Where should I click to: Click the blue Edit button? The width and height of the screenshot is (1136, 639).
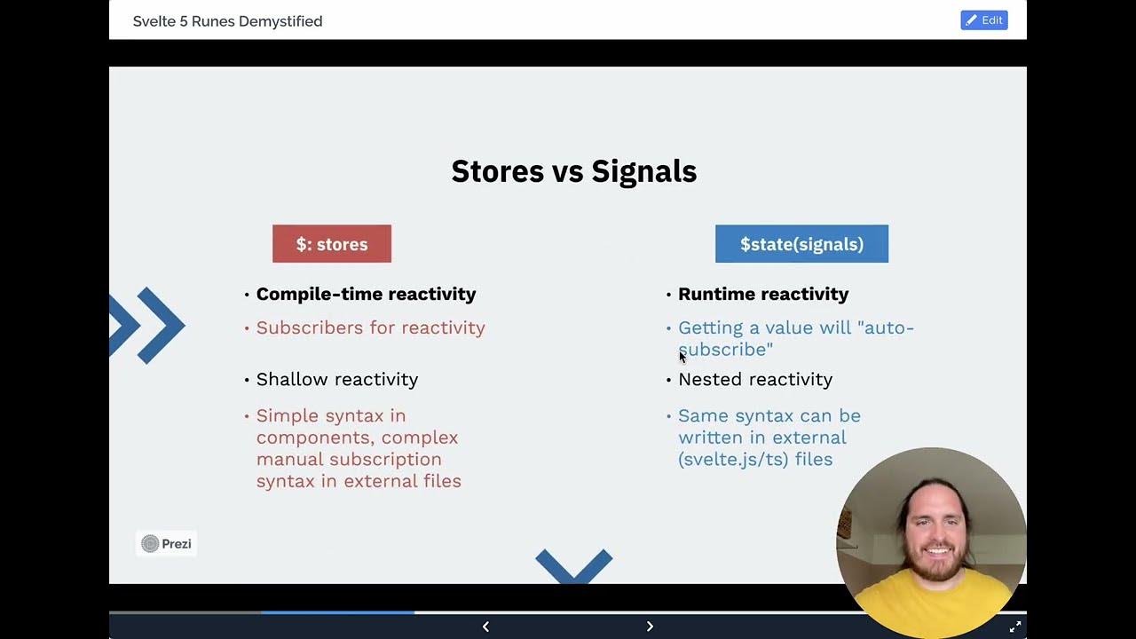[983, 20]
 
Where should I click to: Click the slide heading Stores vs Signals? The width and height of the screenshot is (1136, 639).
[573, 171]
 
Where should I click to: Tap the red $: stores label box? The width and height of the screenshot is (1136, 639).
[331, 244]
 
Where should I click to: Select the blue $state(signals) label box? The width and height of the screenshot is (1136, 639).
[801, 244]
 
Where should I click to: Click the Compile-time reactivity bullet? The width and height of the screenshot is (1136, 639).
[366, 294]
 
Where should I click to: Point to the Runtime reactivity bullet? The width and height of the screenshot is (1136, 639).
[763, 294]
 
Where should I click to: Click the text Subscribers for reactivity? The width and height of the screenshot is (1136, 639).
[370, 327]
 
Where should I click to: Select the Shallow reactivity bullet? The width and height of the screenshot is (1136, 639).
[336, 379]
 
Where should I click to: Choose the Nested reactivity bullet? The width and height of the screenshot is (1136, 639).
[754, 379]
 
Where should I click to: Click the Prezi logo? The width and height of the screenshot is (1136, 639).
[167, 544]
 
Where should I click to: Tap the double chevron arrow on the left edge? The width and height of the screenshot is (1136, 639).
[146, 325]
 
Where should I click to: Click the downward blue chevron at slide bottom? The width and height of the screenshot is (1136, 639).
[573, 565]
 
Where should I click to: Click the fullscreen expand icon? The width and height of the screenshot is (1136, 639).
[1015, 627]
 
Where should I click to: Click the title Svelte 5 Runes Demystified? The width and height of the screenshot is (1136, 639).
[227, 21]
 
